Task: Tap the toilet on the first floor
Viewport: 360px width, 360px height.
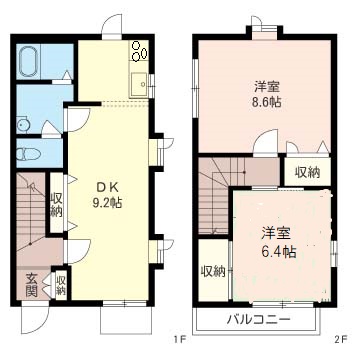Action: pyautogui.click(x=29, y=154)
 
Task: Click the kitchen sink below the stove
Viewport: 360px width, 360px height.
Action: pyautogui.click(x=138, y=83)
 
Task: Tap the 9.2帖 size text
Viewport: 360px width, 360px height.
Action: pyautogui.click(x=107, y=202)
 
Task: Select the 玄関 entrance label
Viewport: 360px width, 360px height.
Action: pyautogui.click(x=31, y=285)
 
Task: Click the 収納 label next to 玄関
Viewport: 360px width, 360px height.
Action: pyautogui.click(x=61, y=285)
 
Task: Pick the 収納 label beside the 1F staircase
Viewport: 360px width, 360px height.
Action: pyautogui.click(x=56, y=204)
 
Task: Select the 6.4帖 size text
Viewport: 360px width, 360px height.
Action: pyautogui.click(x=278, y=252)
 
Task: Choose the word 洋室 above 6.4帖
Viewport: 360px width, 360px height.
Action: pyautogui.click(x=277, y=233)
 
